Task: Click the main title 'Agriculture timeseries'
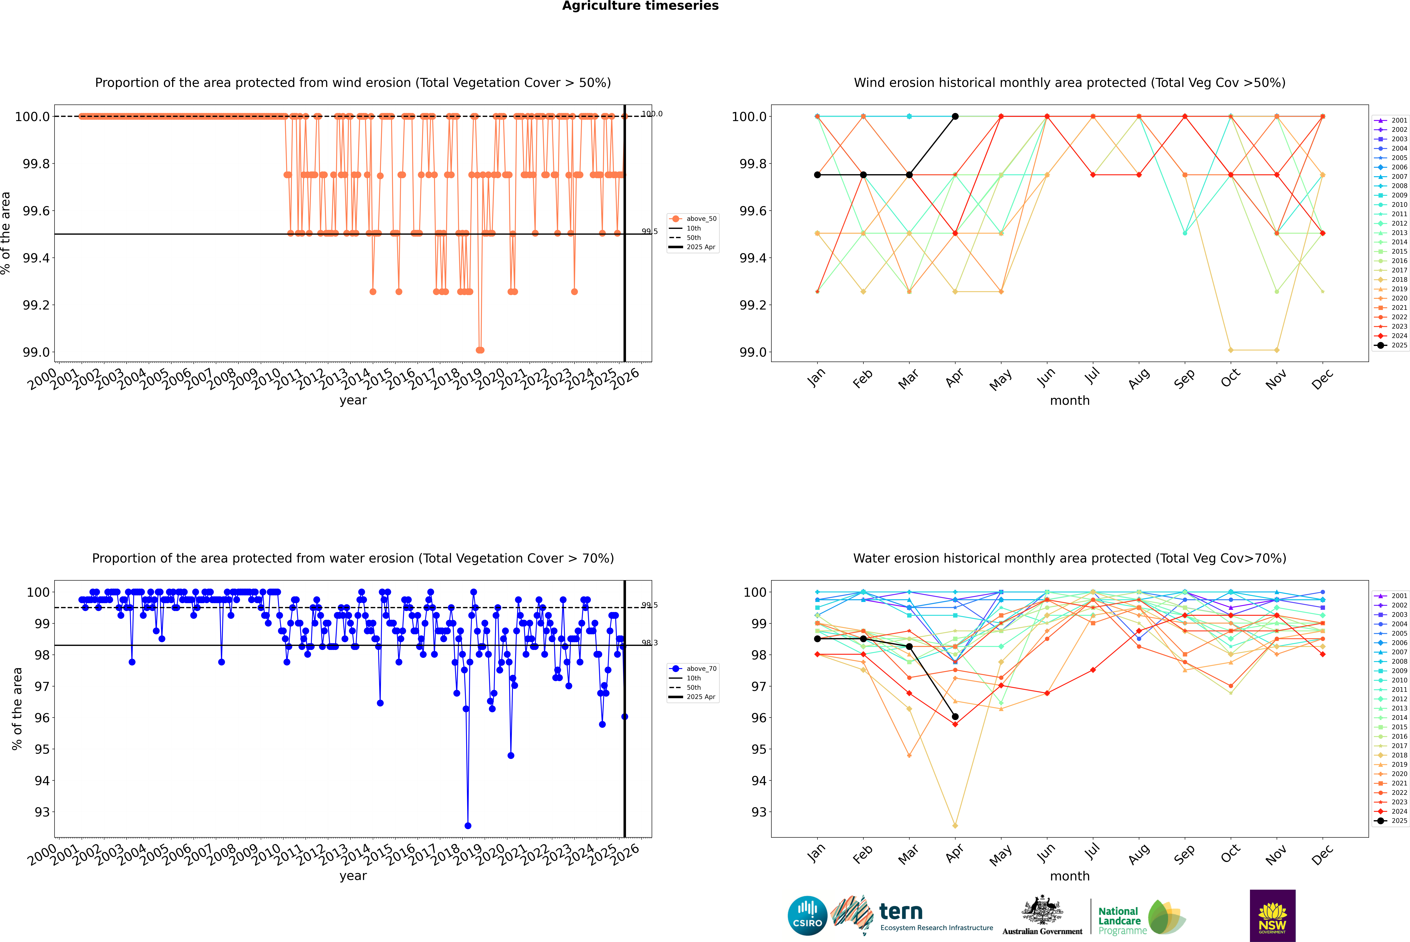coord(640,6)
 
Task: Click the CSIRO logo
coord(807,916)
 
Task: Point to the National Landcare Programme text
coord(1119,920)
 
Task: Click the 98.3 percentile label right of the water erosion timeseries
coord(649,643)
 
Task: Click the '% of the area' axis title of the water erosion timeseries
coord(17,709)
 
